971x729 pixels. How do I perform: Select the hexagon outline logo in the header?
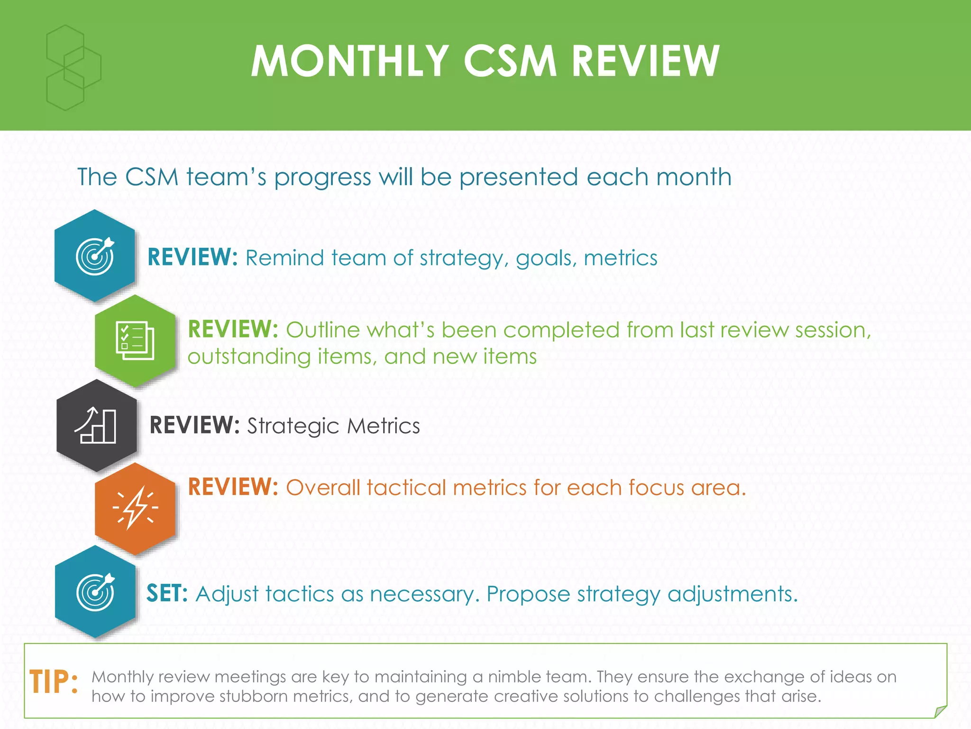point(73,68)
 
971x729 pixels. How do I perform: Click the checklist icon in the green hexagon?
point(135,340)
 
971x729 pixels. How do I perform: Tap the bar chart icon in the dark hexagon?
point(96,426)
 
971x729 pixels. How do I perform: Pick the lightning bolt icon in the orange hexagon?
point(136,508)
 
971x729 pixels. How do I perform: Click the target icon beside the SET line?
point(96,592)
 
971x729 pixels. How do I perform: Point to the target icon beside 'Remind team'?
point(95,256)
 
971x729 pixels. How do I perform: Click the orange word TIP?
point(54,682)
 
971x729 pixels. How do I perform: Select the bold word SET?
point(167,593)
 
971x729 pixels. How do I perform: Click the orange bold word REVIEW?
point(233,487)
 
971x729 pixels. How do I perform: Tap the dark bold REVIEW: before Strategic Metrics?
point(194,425)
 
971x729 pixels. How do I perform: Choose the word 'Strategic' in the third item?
point(293,426)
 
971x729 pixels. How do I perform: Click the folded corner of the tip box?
point(940,711)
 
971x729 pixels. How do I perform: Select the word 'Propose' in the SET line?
point(528,594)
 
